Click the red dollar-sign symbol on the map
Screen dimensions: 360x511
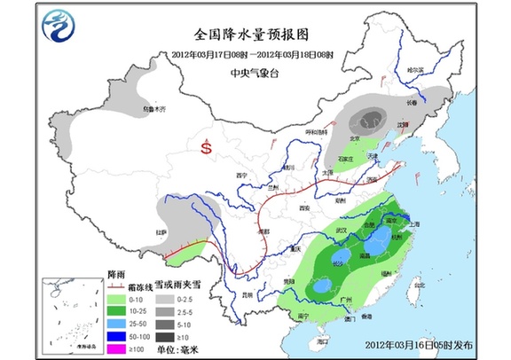tap(207, 148)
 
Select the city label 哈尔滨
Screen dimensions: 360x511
tap(428, 69)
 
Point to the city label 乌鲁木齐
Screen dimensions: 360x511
tap(154, 109)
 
